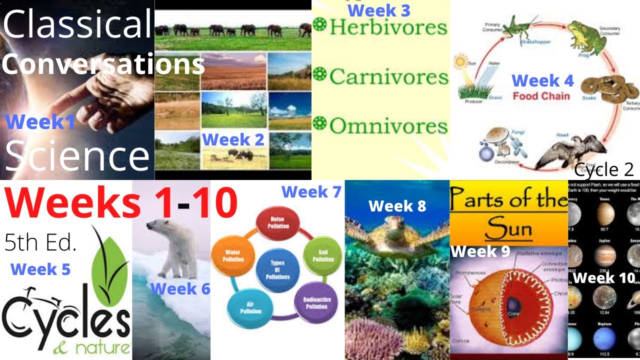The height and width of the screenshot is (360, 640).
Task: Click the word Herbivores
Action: pos(388,27)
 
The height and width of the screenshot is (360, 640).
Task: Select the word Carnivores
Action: pos(388,76)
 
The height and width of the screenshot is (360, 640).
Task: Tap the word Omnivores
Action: pos(388,126)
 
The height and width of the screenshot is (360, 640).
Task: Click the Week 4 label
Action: pos(542,80)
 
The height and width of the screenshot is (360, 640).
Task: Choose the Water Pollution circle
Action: pos(233,256)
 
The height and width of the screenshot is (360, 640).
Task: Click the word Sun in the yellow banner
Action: pos(508,230)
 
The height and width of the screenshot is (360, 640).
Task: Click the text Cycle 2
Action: pos(604,170)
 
